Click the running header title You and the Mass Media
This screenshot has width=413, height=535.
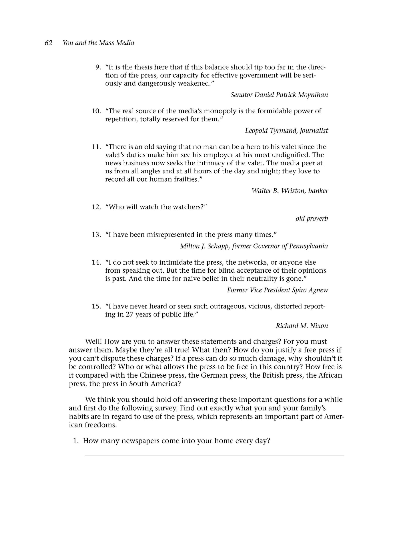coord(98,43)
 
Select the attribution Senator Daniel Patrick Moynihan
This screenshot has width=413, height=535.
coord(279,95)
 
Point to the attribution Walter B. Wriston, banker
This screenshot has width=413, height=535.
coord(290,191)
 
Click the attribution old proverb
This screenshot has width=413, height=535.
coord(312,219)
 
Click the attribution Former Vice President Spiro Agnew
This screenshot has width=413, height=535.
coord(277,290)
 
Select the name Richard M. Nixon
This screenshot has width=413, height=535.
coord(302,326)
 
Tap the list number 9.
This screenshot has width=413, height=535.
coord(98,68)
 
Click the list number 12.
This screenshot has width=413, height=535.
coord(96,207)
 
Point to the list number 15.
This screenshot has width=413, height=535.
coord(96,306)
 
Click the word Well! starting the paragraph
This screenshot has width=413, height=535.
coord(93,342)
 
